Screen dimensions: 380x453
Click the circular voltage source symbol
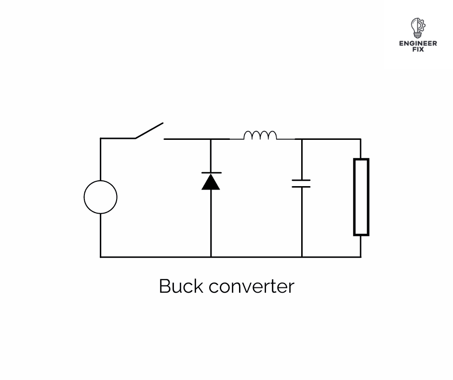pos(100,197)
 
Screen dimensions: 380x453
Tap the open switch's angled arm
pos(149,131)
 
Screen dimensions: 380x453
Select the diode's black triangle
pos(211,182)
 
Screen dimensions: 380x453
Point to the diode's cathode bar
pos(211,173)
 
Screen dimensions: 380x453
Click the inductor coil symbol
pos(260,135)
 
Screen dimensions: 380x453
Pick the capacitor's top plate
pos(302,180)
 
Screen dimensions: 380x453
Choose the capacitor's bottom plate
pos(302,187)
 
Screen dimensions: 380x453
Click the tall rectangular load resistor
pos(361,197)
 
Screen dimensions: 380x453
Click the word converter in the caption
pos(251,286)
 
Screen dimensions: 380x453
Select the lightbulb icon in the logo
pos(417,28)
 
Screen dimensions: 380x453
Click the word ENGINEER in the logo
pos(418,43)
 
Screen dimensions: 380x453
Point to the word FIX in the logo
pos(418,49)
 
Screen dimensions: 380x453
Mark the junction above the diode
pos(211,139)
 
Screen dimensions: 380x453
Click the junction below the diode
pos(211,257)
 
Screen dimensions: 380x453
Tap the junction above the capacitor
pos(302,139)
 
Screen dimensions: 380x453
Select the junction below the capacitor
pos(302,257)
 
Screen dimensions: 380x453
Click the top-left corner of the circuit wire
pos(101,138)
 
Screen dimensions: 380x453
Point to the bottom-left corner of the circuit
pos(101,257)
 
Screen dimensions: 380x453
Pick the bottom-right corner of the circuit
pos(360,257)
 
